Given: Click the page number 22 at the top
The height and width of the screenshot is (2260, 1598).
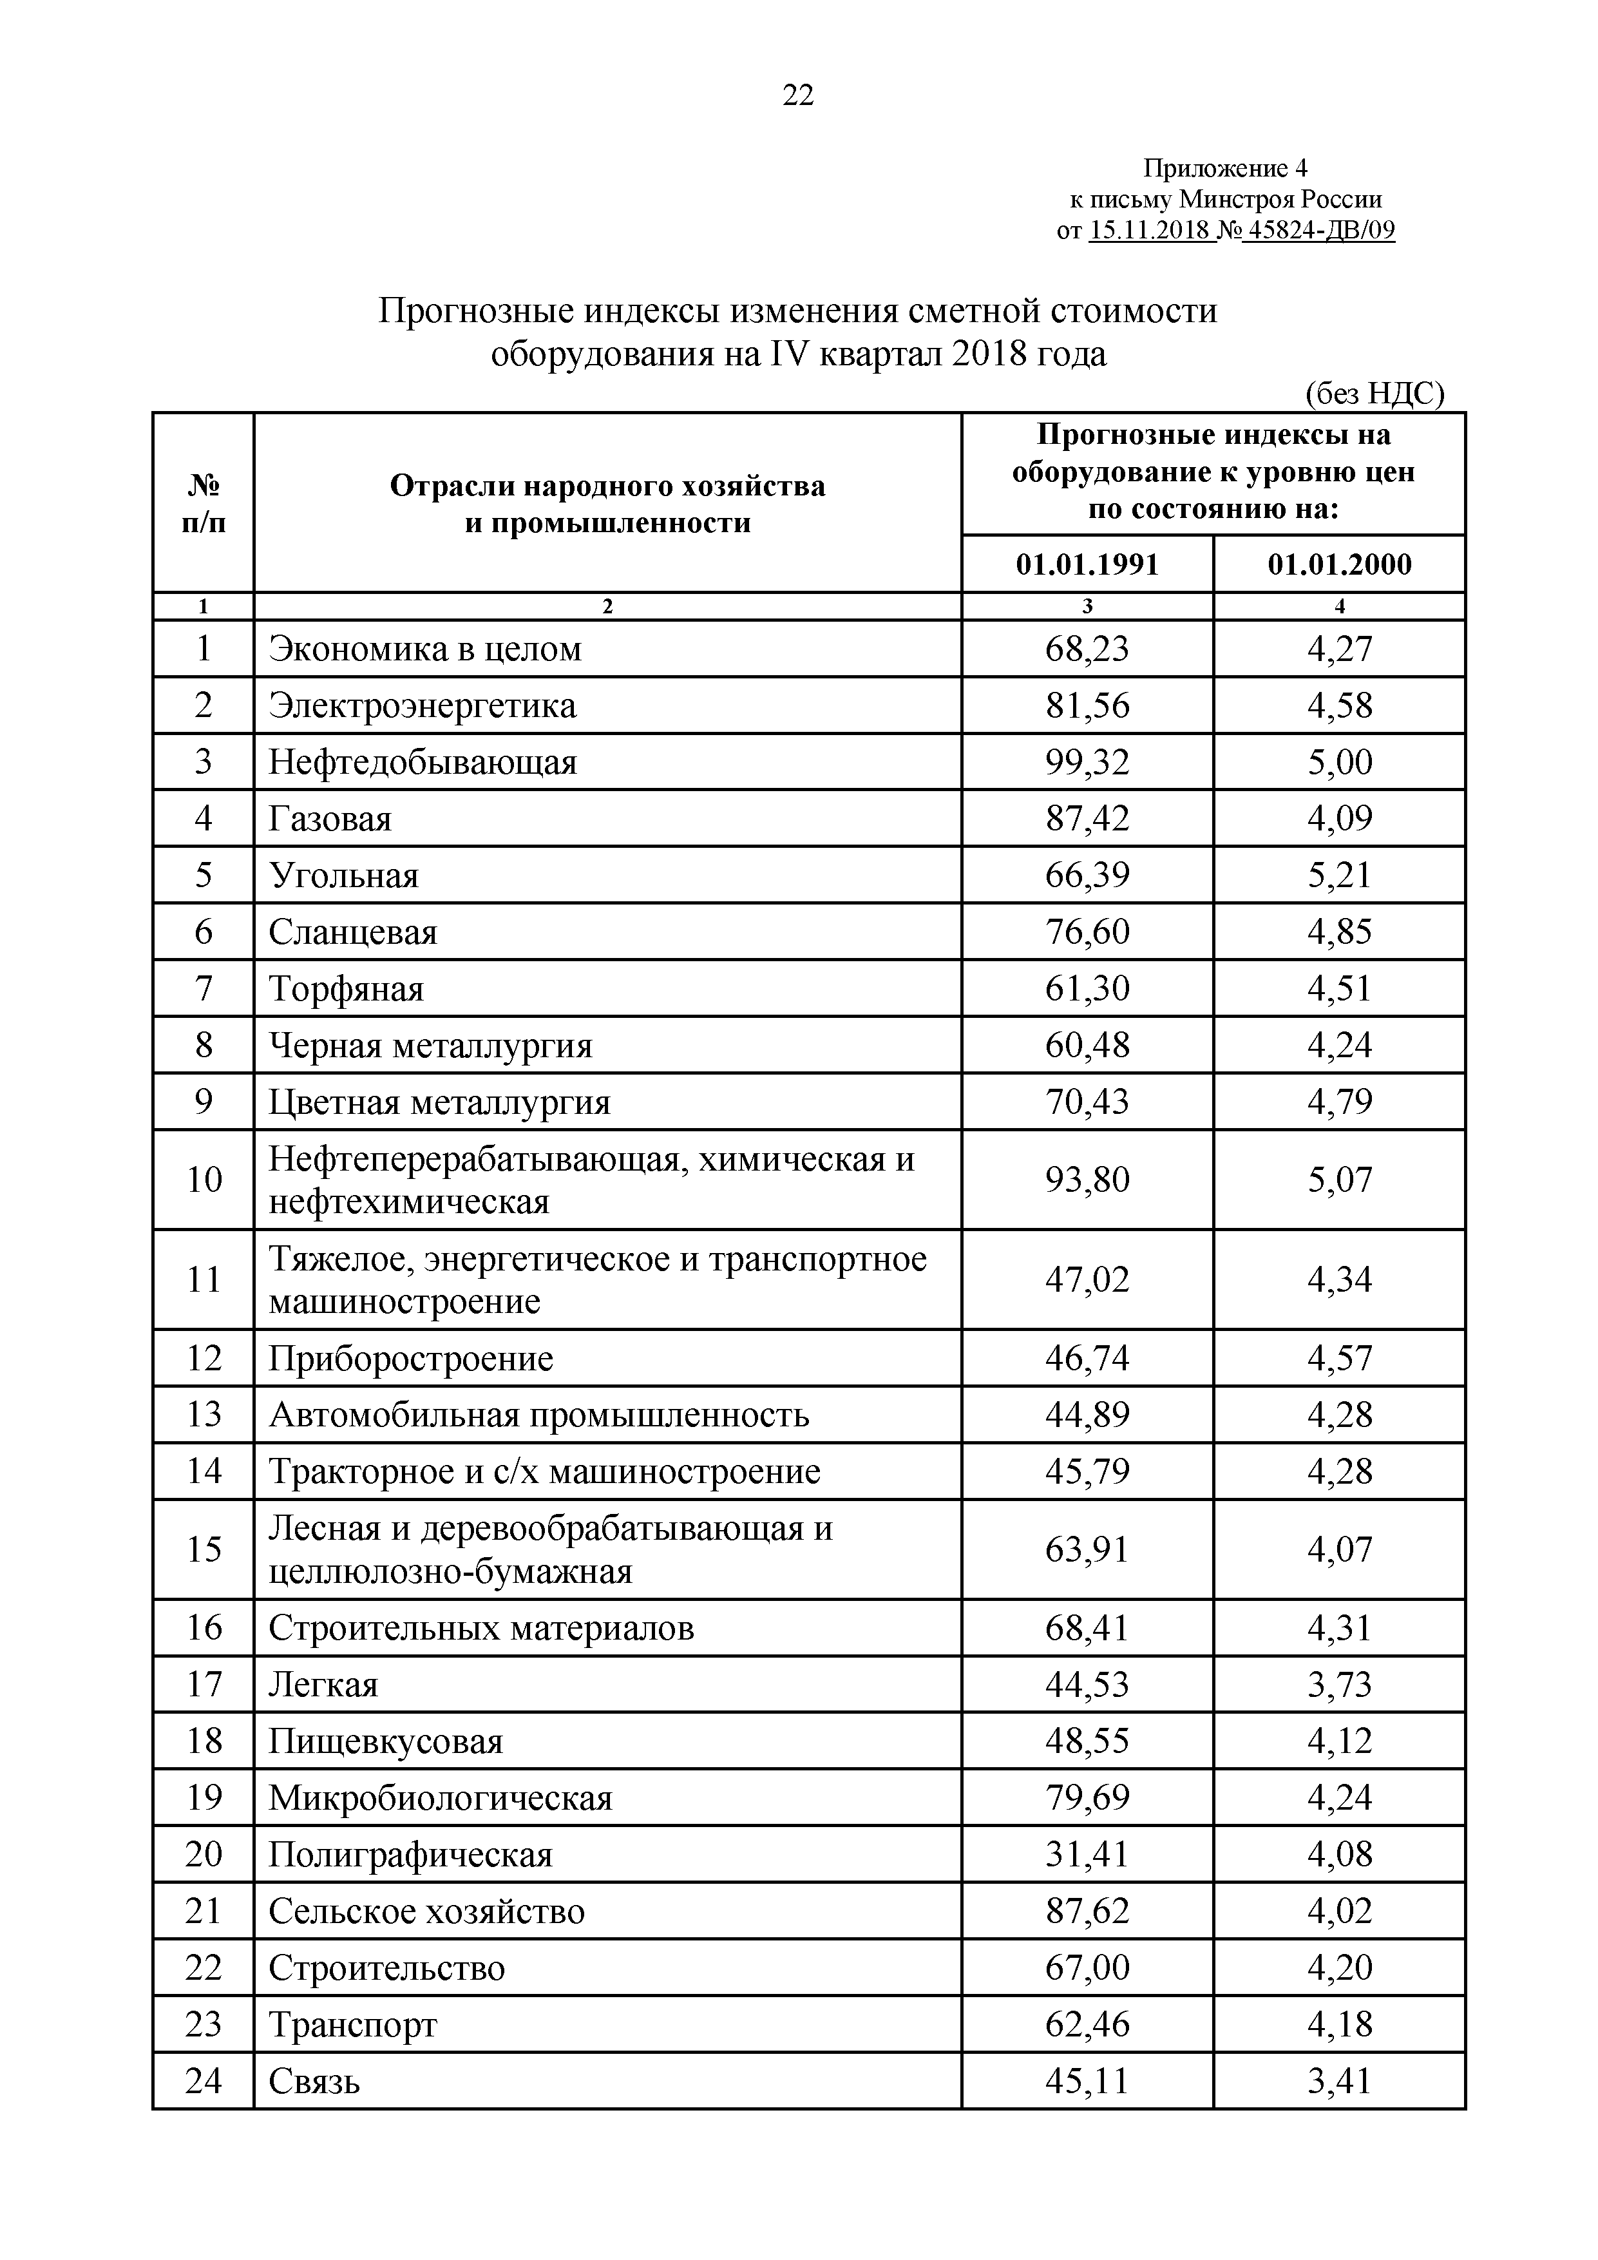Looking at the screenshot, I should click(x=798, y=95).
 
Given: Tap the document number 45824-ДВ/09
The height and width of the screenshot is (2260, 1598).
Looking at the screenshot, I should click(x=1318, y=231).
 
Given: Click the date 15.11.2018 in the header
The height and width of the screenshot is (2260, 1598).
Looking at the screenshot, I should click(x=1151, y=231).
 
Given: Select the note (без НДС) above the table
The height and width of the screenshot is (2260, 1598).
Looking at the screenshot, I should click(x=1374, y=394).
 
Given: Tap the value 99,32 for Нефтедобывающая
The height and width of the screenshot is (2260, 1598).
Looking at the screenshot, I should click(x=1087, y=762).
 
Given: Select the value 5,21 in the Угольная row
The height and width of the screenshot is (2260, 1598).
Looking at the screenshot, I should click(x=1339, y=875).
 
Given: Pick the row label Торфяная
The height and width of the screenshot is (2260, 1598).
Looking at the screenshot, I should click(x=347, y=988).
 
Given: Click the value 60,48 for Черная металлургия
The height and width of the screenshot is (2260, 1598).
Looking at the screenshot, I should click(x=1087, y=1044).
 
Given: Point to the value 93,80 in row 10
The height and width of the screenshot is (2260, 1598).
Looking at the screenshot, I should click(x=1087, y=1179).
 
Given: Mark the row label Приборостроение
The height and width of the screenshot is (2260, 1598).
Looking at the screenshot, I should click(x=412, y=1358).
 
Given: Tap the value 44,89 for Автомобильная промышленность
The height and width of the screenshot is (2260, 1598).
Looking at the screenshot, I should click(x=1087, y=1415).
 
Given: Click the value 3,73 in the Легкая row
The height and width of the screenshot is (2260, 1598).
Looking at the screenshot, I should click(x=1339, y=1684).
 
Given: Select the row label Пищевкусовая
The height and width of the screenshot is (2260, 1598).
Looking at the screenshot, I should click(x=386, y=1741).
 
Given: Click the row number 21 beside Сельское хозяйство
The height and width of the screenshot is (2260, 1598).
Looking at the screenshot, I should click(x=203, y=1911).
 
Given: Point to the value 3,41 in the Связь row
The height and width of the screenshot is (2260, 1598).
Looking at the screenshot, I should click(x=1339, y=2081).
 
